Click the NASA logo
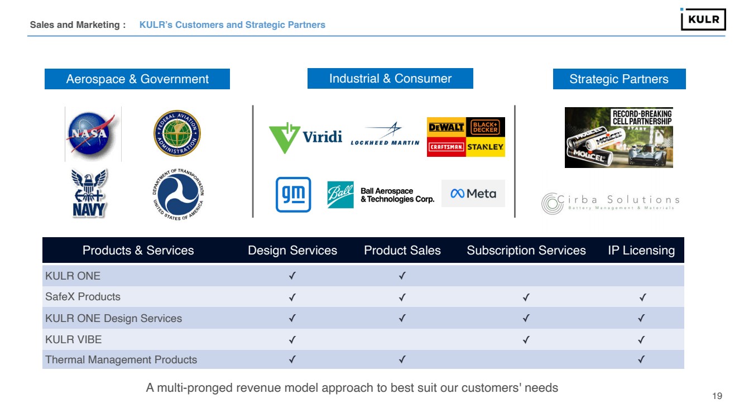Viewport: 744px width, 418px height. tap(92, 134)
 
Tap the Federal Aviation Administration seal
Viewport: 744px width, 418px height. tap(177, 133)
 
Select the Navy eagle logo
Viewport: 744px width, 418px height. tap(89, 193)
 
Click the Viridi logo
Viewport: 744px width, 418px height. tap(305, 137)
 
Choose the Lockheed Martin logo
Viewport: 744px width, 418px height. tap(385, 134)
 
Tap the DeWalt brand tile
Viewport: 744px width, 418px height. tap(446, 127)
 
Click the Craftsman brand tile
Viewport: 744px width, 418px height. tap(446, 147)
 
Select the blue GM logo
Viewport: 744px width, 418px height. tap(293, 195)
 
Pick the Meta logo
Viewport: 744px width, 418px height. tap(473, 194)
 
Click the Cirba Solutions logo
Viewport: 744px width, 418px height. tap(611, 203)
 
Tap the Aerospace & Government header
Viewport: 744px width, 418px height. tap(137, 79)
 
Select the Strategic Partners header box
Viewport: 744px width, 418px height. tap(619, 79)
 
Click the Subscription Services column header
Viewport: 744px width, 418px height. tap(526, 251)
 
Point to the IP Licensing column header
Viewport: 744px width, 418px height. tap(641, 251)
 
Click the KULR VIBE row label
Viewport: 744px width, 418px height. tap(74, 339)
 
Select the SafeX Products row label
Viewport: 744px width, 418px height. tap(83, 297)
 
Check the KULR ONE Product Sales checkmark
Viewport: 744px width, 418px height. tap(402, 276)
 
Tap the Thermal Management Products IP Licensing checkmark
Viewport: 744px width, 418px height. tap(641, 360)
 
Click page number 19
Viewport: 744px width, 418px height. tap(717, 396)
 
